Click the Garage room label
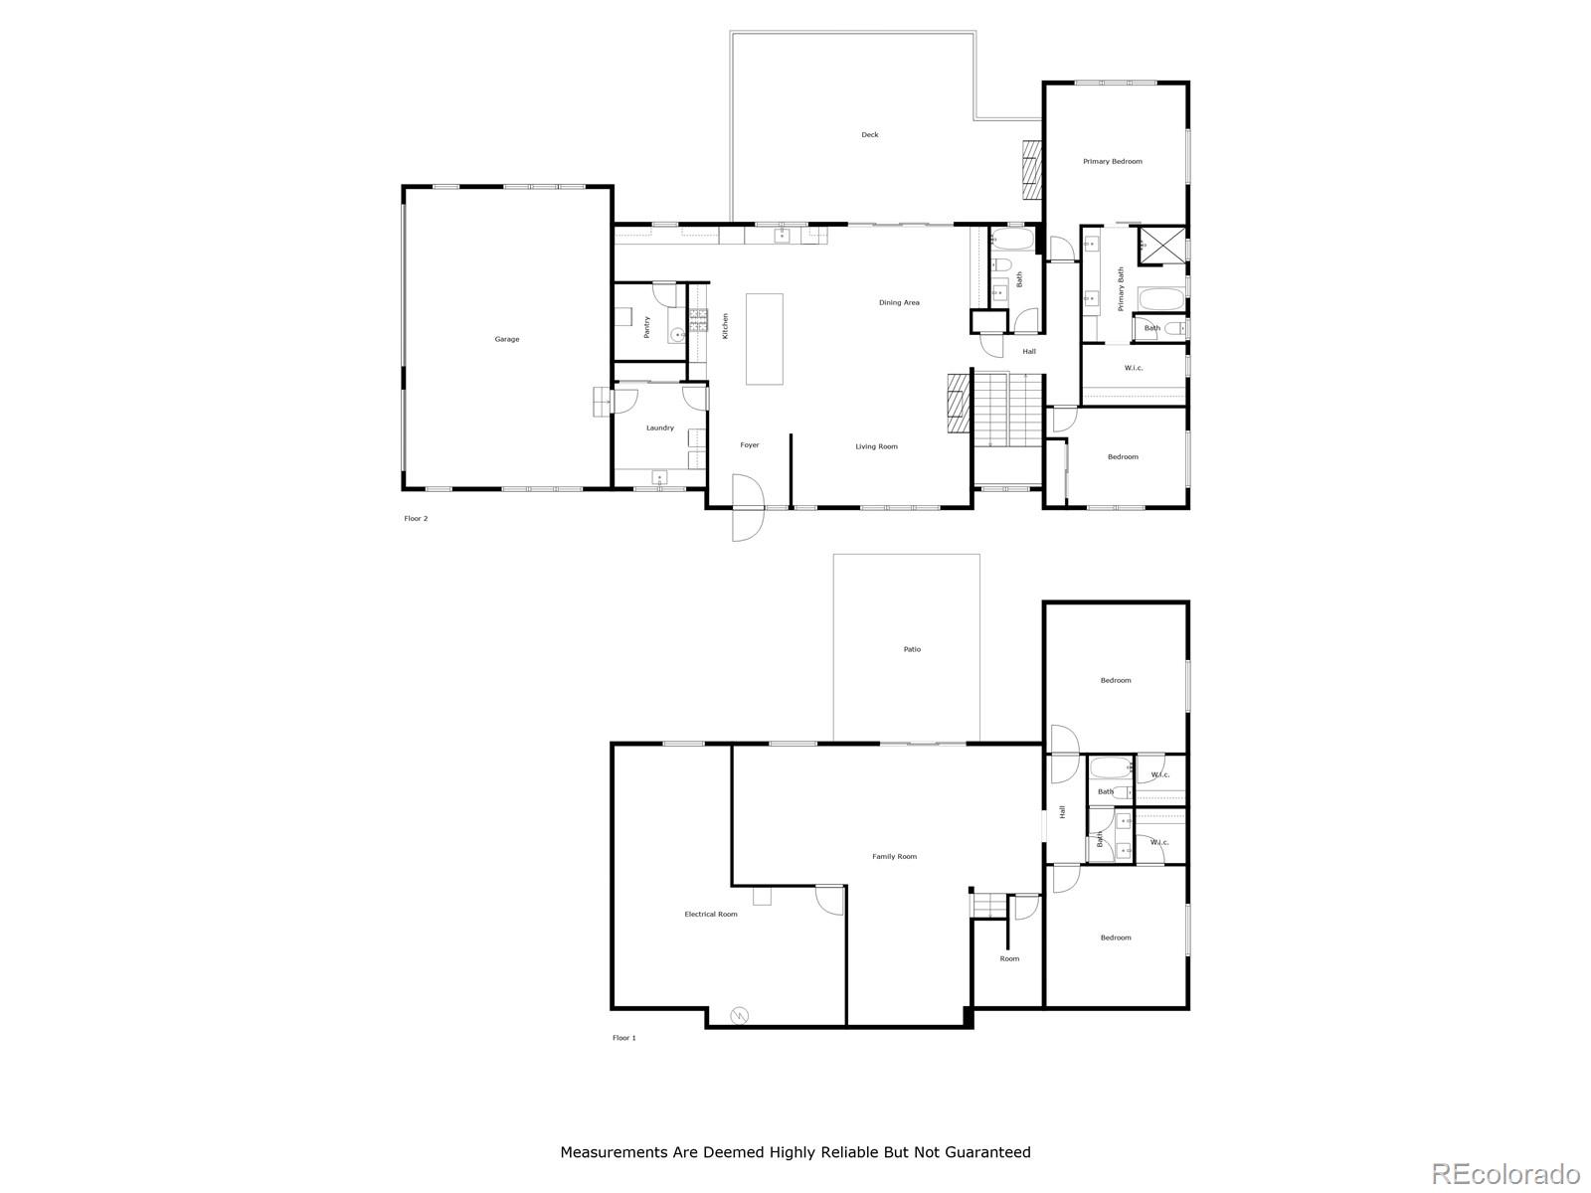click(507, 339)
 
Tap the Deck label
click(869, 135)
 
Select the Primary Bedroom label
click(1113, 161)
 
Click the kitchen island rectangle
click(765, 338)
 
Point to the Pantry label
click(647, 327)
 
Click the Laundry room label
click(660, 427)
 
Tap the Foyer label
click(750, 445)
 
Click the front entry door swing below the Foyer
click(747, 509)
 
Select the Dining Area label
click(899, 302)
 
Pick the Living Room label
click(876, 446)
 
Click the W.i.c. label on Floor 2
click(1134, 368)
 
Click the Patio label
click(912, 649)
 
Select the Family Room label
click(894, 856)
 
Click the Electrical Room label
click(711, 914)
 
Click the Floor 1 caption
click(623, 1038)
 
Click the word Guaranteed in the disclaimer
click(980, 1153)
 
